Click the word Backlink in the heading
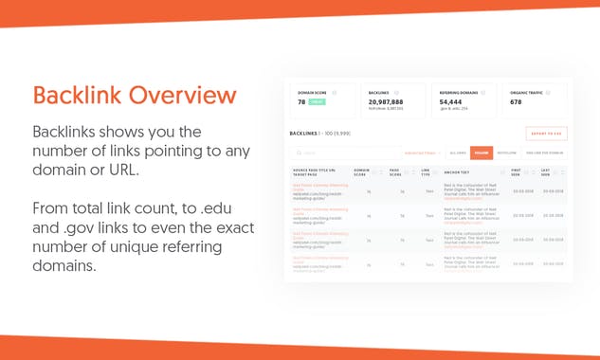[78, 96]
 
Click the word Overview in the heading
[181, 96]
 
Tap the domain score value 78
[301, 101]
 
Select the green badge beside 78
[318, 101]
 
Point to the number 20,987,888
[388, 101]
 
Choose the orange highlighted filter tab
[482, 152]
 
